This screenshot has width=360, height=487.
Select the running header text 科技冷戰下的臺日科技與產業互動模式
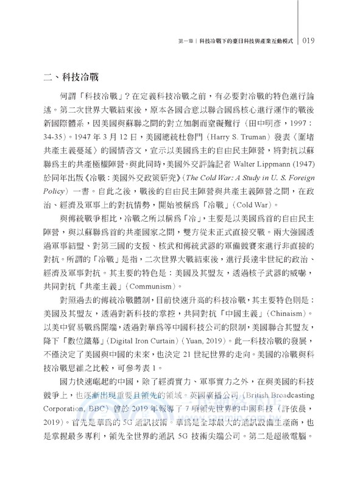click(x=242, y=41)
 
